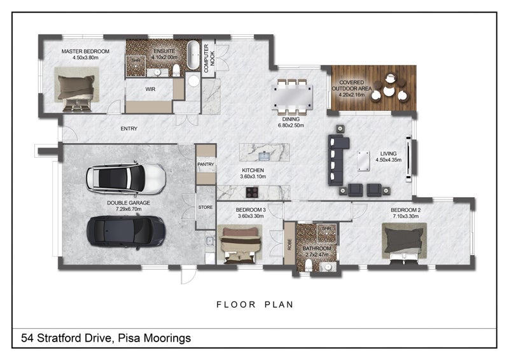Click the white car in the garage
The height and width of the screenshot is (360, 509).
coord(126,178)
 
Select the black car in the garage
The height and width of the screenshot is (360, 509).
coord(126,232)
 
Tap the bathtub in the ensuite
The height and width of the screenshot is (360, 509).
coord(193,55)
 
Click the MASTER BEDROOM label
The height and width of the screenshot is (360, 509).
coord(85,52)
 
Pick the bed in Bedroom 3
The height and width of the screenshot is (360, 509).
coord(241,245)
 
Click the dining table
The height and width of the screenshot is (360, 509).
coord(292,95)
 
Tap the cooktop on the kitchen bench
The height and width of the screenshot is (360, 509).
coord(252,192)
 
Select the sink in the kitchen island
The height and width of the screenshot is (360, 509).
coord(265,156)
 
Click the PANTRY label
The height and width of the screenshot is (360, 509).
coord(206,164)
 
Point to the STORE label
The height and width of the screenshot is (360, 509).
coord(206,207)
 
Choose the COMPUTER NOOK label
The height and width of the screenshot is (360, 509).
coord(209,59)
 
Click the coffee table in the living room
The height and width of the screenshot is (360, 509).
coord(363,161)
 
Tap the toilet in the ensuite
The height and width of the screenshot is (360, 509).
coord(176,70)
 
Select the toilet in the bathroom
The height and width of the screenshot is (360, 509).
coord(309,265)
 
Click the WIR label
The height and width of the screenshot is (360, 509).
coord(150,89)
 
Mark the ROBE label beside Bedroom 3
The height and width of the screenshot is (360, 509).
coord(289,244)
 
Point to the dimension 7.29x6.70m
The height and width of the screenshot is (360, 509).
coord(129,209)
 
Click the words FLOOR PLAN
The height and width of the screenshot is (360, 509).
coord(255,305)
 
